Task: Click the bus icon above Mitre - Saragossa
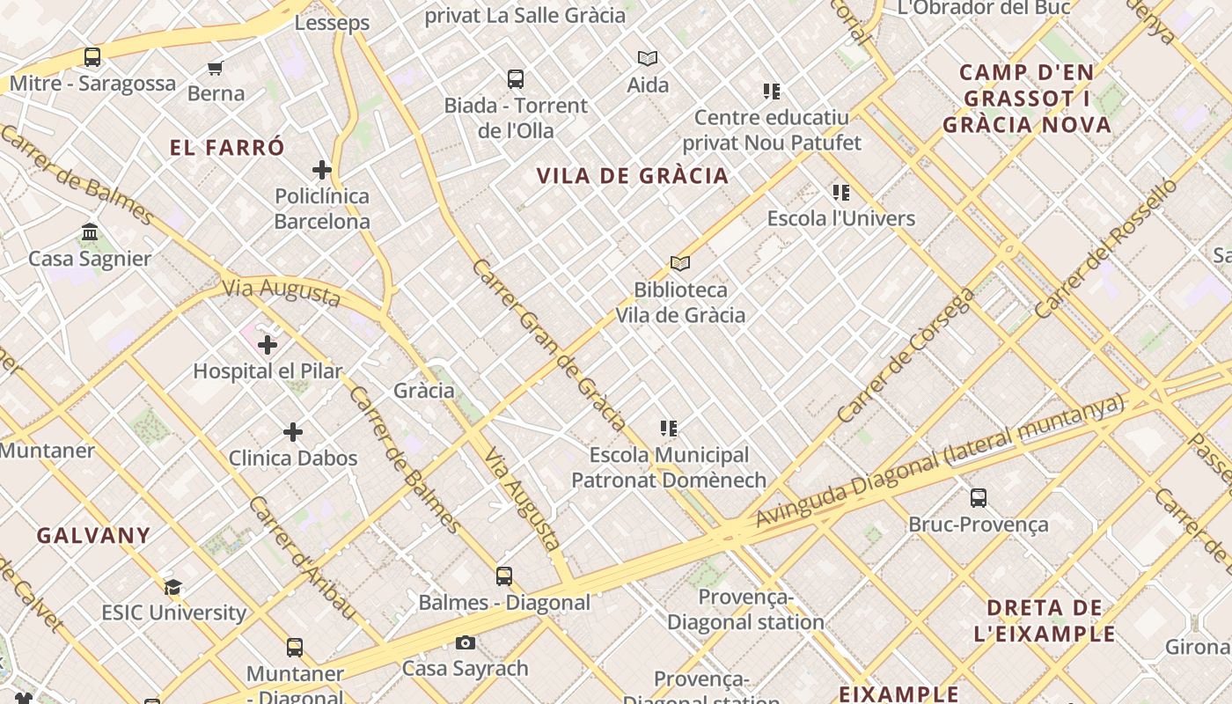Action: (x=92, y=57)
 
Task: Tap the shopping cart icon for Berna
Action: (x=216, y=68)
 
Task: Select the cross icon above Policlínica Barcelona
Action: (x=322, y=170)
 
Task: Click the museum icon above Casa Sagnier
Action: (x=90, y=232)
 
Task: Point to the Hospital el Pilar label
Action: (x=268, y=371)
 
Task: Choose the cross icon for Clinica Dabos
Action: (x=293, y=432)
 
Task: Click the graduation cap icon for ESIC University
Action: (x=173, y=587)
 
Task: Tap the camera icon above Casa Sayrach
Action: (x=466, y=643)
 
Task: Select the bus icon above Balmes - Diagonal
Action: (x=504, y=576)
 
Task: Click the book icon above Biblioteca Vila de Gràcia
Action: (x=680, y=263)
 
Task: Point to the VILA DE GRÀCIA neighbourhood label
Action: (x=633, y=176)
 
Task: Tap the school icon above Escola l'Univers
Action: (x=841, y=193)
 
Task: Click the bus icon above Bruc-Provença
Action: (x=979, y=498)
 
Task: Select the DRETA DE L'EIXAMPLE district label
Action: (x=1045, y=620)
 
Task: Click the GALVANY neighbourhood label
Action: (x=93, y=535)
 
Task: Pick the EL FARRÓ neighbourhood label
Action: (x=227, y=148)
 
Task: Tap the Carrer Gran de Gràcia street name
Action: (x=548, y=344)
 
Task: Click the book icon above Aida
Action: (x=648, y=59)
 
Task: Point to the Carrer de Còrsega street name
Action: (x=906, y=356)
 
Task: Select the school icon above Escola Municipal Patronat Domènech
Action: (x=669, y=429)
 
